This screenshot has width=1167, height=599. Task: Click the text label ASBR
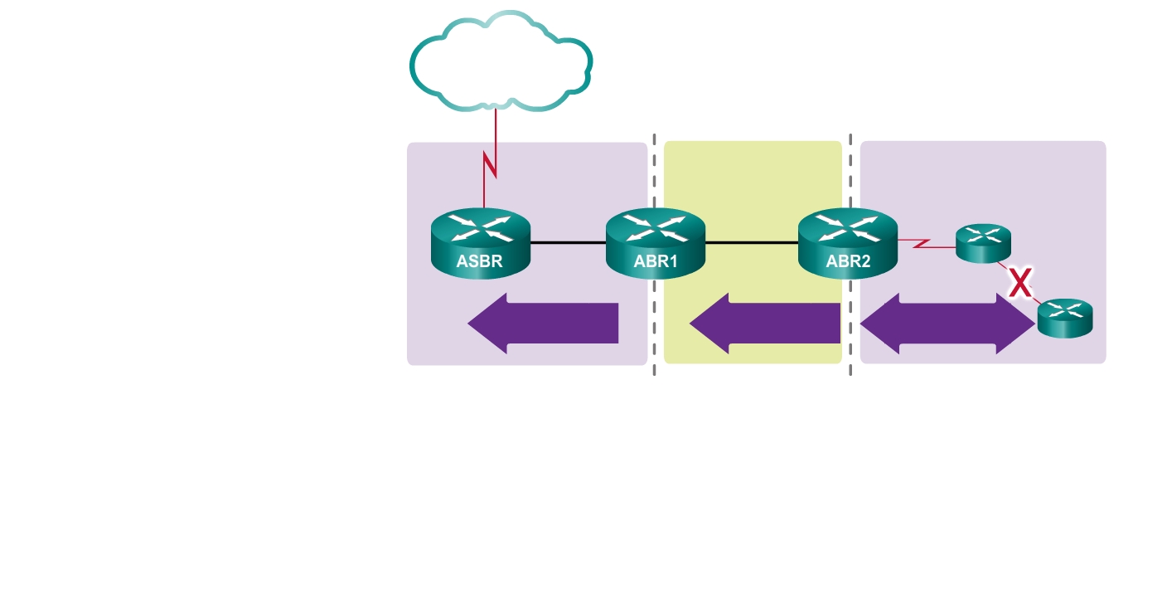tap(480, 263)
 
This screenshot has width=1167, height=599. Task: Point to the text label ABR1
tap(656, 263)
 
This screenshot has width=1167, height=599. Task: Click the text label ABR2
tap(848, 263)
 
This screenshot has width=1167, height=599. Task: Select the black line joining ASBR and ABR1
tap(568, 243)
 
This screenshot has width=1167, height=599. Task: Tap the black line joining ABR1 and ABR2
tap(751, 243)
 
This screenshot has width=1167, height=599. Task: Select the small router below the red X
tap(1065, 318)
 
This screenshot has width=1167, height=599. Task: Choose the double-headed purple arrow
tap(948, 324)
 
